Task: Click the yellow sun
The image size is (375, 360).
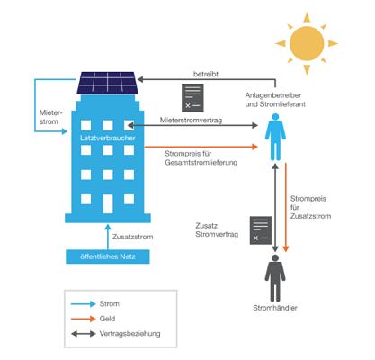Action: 307,43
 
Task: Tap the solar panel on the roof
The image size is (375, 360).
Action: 107,83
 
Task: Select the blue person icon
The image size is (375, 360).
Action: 275,137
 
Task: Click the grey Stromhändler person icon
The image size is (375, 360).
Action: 275,278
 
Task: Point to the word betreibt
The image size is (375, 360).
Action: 206,74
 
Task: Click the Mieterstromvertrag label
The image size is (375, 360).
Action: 191,121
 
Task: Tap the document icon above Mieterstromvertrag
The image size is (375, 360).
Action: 192,97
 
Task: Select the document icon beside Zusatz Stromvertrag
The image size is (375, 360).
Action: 261,230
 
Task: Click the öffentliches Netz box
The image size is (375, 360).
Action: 108,256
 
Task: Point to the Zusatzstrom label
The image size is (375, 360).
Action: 132,237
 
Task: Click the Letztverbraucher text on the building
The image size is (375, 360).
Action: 108,138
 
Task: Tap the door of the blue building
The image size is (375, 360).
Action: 108,203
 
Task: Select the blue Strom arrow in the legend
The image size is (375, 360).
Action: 83,304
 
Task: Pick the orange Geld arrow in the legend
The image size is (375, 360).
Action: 83,319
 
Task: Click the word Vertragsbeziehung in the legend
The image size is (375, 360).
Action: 129,334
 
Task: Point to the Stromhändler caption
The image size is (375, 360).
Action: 275,308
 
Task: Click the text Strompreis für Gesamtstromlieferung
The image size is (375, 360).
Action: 201,158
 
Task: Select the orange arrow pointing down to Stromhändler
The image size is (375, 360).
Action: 286,207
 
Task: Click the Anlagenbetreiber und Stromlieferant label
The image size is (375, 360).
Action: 275,100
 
